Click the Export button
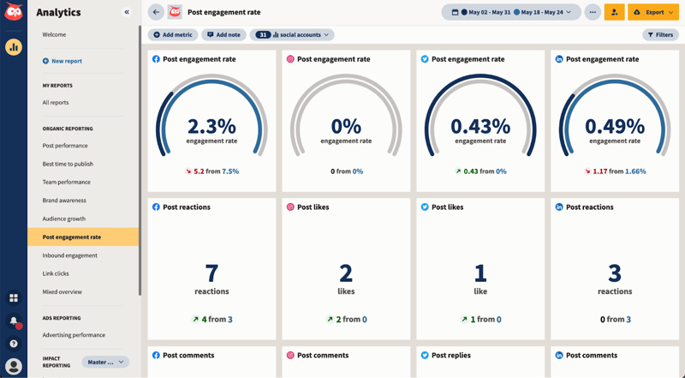coord(654,12)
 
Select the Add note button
coord(224,35)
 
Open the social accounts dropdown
coord(292,35)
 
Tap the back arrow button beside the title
coord(156,12)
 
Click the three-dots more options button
coord(593,12)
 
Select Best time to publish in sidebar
coord(68,164)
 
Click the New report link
coord(66,61)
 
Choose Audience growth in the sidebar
coord(64,219)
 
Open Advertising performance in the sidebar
coord(74,335)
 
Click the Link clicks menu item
coord(56,273)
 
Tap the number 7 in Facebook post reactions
coord(211,273)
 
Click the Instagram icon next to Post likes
coord(290,207)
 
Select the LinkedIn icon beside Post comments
coord(559,355)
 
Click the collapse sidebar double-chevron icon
coord(127,12)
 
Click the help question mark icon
coord(14,344)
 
